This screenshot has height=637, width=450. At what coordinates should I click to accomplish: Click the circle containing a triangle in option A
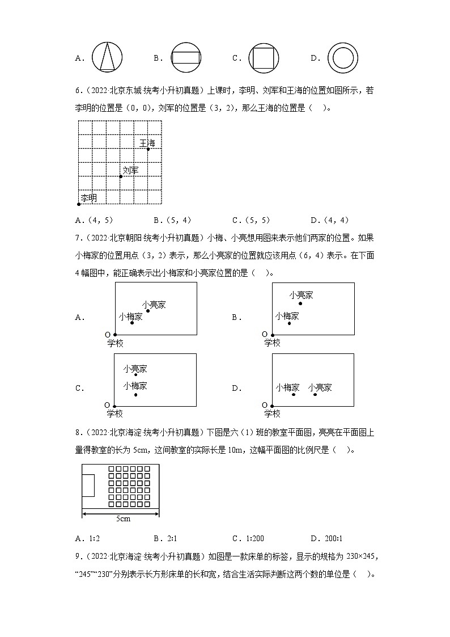107,57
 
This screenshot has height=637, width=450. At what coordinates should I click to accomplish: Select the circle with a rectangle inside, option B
186,57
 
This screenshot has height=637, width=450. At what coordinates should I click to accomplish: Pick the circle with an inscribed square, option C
264,57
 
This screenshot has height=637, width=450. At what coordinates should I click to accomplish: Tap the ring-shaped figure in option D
343,57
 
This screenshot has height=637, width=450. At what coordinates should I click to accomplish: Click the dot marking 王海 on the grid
148,149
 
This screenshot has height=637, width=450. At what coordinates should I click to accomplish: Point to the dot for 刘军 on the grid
121,176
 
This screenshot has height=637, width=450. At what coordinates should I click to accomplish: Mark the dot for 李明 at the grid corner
79,204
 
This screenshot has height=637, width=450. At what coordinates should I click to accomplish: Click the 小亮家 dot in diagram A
148,310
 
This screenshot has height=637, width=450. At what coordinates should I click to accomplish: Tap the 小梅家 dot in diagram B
289,323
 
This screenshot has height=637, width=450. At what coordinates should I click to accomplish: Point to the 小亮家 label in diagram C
135,369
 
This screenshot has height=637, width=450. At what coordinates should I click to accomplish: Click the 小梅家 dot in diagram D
294,394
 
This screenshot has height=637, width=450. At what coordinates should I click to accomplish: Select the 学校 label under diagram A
115,343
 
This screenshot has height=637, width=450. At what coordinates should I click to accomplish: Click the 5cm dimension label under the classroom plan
121,519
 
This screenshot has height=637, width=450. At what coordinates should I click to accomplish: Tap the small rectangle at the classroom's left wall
88,487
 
